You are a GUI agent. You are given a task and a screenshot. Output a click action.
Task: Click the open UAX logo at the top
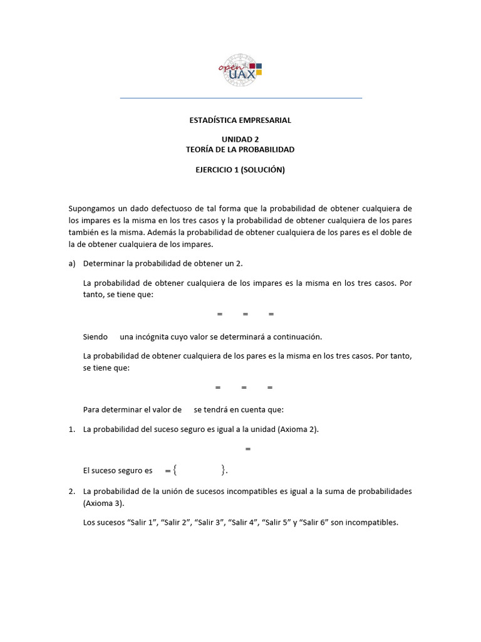240,69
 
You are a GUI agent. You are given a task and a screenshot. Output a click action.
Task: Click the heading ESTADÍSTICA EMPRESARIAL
240,120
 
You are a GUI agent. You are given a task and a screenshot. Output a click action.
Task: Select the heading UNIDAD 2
240,139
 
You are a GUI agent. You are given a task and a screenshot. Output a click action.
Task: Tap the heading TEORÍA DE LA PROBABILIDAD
240,149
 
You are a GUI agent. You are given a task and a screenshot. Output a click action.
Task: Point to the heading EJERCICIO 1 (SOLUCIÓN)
240,169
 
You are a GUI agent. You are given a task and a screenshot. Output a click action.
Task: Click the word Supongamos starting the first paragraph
91,208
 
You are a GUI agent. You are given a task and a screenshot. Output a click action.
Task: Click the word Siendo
95,337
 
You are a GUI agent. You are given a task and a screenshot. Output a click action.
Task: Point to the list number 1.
71,429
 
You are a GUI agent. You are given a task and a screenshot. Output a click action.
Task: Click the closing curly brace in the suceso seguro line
223,470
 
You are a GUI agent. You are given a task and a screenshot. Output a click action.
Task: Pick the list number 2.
71,491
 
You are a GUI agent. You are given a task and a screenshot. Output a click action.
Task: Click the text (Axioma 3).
103,503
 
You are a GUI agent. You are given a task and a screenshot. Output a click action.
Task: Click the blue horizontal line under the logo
240,98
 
